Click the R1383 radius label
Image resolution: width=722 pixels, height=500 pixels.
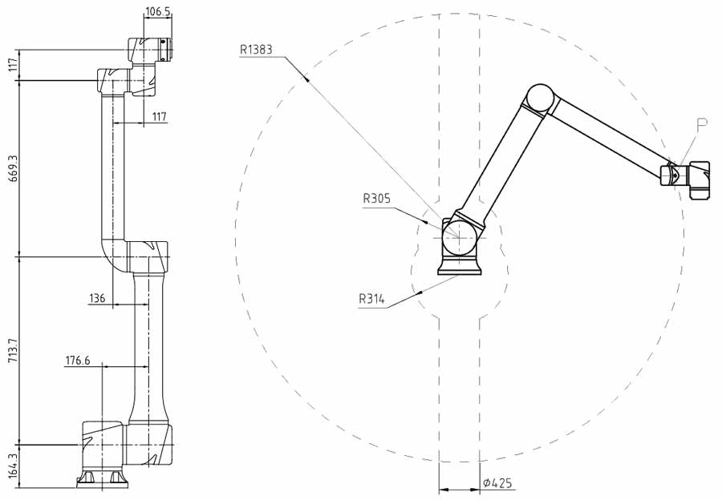256,49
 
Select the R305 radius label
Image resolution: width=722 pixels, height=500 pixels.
377,198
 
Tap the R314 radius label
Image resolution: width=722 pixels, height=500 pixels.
371,300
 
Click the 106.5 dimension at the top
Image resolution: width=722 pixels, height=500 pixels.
157,12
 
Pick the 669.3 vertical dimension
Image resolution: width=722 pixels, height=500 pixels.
11,168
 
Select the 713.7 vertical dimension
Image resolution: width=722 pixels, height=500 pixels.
11,350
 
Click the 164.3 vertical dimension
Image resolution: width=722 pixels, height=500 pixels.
11,466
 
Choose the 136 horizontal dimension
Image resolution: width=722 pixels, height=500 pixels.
97,298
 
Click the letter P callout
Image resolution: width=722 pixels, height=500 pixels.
701,124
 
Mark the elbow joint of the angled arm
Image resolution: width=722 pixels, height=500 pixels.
538,99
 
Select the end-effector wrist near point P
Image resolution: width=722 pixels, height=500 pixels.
686,176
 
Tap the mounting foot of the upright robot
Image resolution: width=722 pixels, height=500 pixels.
102,479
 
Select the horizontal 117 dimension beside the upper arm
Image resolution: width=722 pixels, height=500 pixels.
159,117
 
